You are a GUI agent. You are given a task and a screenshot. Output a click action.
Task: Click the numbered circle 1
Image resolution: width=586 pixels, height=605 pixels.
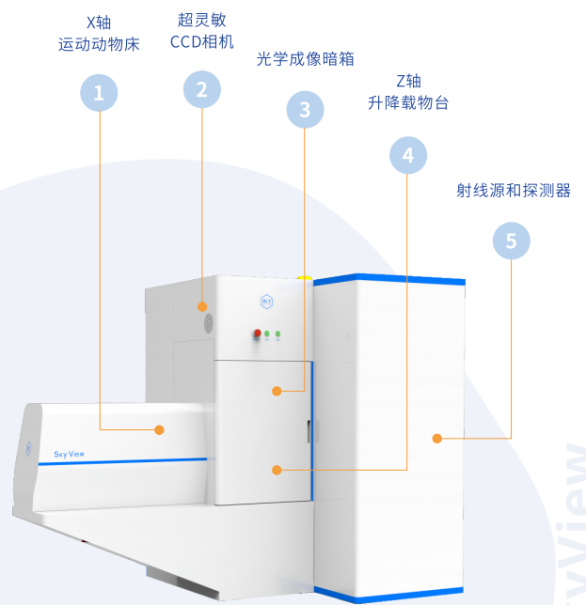coord(99,93)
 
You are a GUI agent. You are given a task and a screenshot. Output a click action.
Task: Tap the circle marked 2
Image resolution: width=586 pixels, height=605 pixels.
coord(201,89)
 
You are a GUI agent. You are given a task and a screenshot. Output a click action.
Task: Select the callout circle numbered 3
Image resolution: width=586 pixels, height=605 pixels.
coord(304,110)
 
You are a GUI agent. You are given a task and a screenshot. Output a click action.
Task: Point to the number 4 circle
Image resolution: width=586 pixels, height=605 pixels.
coord(407,155)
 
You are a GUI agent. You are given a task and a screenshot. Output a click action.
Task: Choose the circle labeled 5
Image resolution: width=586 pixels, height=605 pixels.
coord(511,241)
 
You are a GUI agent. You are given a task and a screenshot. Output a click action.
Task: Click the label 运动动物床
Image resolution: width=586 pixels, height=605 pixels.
coord(99,43)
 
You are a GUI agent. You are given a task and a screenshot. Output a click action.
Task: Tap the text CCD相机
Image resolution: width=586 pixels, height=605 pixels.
coord(201,41)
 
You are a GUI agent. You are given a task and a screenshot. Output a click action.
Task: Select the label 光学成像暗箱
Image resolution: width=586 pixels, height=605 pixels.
coord(305,58)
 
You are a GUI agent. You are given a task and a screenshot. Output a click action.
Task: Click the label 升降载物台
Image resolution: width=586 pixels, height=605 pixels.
coord(408,102)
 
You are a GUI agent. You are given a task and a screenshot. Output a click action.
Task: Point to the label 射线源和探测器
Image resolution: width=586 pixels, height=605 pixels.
coord(513,190)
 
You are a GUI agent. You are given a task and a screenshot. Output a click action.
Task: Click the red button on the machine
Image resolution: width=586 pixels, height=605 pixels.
coord(256,333)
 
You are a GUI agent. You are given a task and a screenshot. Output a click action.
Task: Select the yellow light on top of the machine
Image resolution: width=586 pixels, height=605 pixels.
coord(304,276)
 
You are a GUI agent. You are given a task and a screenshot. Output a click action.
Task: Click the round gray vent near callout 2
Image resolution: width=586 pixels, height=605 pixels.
coord(210,322)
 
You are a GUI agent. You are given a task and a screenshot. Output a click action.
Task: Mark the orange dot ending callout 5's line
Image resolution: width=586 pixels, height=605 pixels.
coord(436,438)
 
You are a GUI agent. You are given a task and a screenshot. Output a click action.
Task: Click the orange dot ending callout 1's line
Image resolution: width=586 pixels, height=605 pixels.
coord(160,429)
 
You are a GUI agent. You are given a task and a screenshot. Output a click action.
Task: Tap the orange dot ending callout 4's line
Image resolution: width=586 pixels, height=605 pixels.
coord(277,469)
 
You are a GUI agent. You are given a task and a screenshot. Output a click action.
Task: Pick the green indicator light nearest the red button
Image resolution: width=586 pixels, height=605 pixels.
coord(267,333)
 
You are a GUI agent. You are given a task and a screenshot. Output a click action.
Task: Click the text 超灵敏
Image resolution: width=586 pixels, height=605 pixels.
coord(201,20)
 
